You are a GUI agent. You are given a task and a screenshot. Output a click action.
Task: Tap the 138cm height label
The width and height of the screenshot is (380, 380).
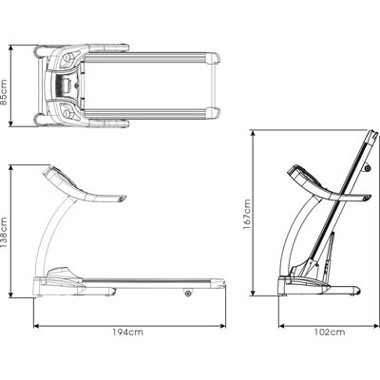point(5,233)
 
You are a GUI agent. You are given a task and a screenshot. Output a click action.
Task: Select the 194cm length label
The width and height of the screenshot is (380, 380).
point(128,332)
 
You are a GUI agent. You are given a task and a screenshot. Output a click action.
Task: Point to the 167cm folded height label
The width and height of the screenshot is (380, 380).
point(247,215)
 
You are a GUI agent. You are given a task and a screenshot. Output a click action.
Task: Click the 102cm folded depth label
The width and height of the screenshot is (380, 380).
point(330,332)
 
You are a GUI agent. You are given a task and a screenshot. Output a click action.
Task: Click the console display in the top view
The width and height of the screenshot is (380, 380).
point(66,85)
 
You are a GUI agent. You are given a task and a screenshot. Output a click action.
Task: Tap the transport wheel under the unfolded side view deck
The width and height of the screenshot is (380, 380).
point(188,294)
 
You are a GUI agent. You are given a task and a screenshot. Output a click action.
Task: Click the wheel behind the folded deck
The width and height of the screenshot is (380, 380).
point(368,168)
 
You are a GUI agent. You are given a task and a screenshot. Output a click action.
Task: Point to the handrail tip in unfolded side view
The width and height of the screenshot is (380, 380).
point(123,199)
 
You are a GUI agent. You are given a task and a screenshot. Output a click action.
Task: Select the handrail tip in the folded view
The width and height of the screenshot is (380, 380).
point(367,199)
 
